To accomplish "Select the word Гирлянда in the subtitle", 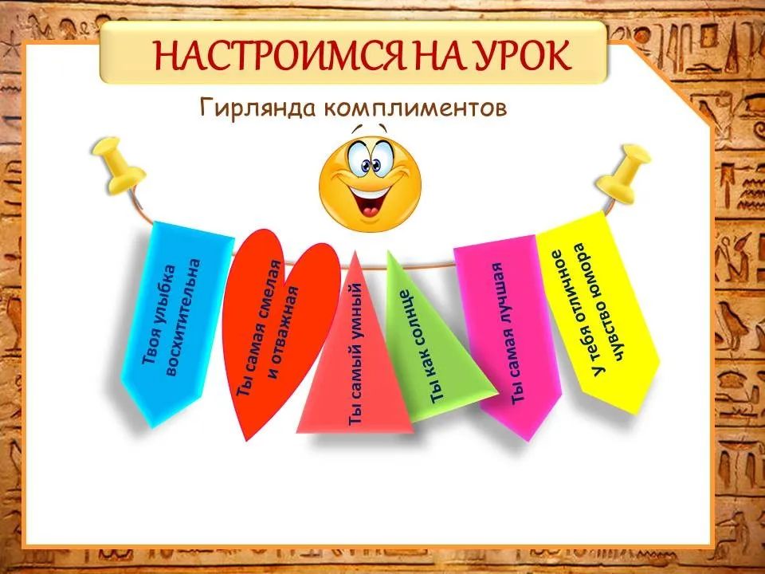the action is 257,108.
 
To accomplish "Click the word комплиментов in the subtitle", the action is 414,108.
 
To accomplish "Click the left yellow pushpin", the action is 119,164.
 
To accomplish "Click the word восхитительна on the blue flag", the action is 183,317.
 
